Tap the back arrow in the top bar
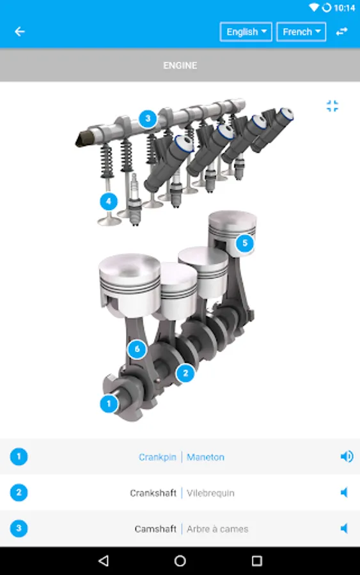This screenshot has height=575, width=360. click(19, 31)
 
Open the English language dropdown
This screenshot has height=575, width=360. click(246, 32)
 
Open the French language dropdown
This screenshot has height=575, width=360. click(301, 32)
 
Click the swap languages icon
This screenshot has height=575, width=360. click(341, 31)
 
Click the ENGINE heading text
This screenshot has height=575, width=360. click(180, 66)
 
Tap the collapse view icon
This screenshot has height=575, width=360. click(333, 106)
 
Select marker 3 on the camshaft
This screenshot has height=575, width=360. click(148, 118)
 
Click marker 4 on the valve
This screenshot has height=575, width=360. click(109, 201)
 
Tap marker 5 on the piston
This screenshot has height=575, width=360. click(245, 243)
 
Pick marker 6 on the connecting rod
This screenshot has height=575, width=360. click(137, 349)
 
